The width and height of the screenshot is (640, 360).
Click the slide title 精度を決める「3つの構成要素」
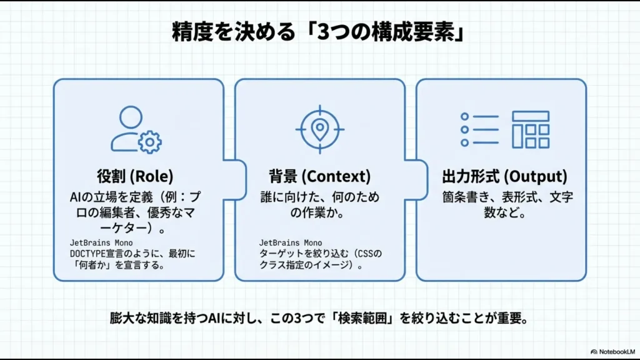tap(319, 32)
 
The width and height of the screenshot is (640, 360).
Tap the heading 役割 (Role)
tap(135, 176)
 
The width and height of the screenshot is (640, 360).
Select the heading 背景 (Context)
tap(319, 176)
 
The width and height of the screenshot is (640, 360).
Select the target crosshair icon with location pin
tap(319, 128)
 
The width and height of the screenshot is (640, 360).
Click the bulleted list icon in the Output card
tap(479, 129)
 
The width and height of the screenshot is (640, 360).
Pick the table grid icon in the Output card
tap(530, 129)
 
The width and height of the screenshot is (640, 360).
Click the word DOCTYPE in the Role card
tap(87, 253)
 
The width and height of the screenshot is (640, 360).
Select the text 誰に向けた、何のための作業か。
tap(319, 205)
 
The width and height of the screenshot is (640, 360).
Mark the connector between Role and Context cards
tap(229, 177)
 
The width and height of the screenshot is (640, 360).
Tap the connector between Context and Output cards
tap(411, 177)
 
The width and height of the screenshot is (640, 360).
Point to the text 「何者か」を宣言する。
tap(117, 264)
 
